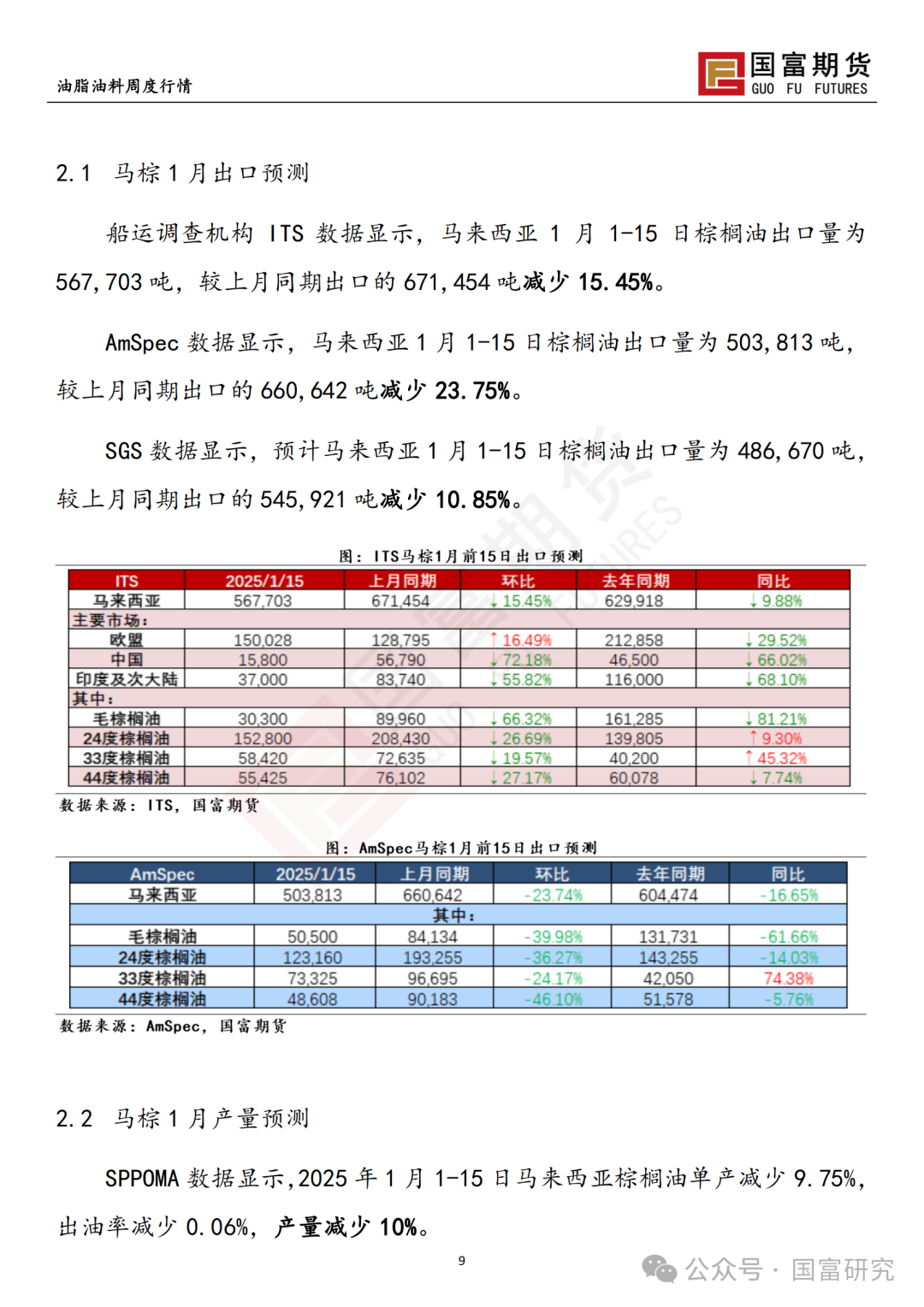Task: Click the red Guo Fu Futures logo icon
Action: (x=720, y=74)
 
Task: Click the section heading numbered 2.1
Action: (x=182, y=174)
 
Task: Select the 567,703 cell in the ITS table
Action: (x=263, y=601)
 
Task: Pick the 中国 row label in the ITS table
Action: (x=127, y=659)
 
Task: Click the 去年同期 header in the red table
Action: (x=636, y=581)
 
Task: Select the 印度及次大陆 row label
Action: (x=127, y=679)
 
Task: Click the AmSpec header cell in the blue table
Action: (x=162, y=874)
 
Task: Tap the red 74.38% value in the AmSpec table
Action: (x=788, y=979)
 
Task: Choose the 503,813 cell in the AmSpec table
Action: (x=312, y=895)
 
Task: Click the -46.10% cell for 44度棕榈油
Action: (x=552, y=999)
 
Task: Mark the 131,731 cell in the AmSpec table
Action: (x=668, y=937)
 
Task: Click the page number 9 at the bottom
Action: (x=462, y=1260)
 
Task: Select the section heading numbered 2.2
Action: (x=182, y=1119)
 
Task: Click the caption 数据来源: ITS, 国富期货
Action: (x=159, y=805)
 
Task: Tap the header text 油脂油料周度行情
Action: (x=125, y=86)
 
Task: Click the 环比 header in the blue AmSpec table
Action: (x=552, y=874)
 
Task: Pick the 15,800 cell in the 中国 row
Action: (x=263, y=659)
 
